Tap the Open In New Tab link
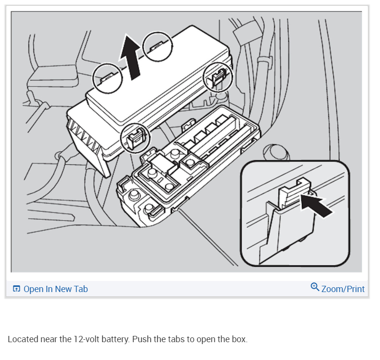point(55,289)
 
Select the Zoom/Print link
point(343,289)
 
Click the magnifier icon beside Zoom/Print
point(315,288)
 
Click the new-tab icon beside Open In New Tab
point(16,289)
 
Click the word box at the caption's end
point(240,339)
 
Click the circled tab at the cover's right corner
point(218,77)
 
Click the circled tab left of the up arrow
point(107,78)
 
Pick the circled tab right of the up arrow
point(158,46)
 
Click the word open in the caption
point(214,339)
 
